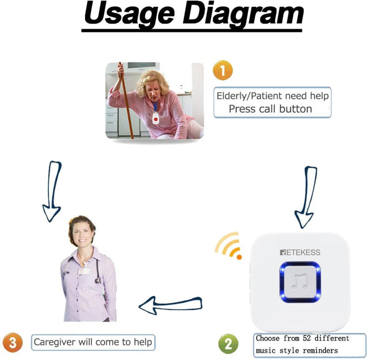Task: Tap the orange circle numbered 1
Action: [x=222, y=71]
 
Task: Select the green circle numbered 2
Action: [x=228, y=344]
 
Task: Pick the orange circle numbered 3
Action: [x=13, y=342]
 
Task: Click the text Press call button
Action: [x=271, y=109]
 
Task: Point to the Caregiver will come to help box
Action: [x=93, y=342]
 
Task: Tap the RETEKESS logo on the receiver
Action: [x=300, y=252]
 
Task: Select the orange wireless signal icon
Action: [x=229, y=246]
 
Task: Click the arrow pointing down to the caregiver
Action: [x=52, y=190]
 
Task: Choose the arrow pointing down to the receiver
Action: [x=306, y=196]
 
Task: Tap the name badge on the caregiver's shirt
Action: [x=84, y=270]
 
